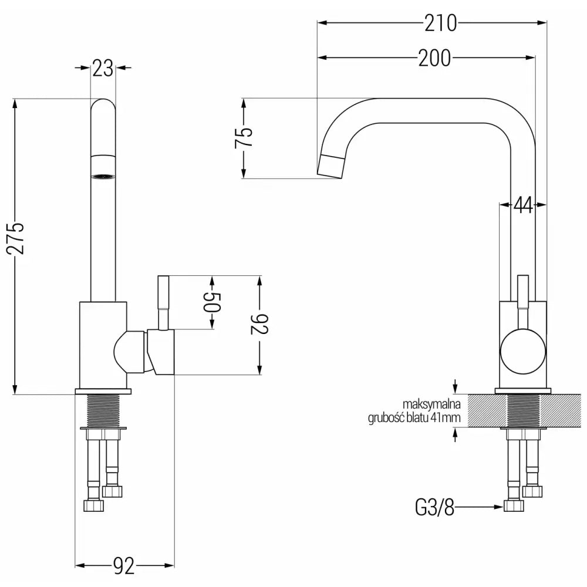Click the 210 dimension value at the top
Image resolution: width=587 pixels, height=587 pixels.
(440, 23)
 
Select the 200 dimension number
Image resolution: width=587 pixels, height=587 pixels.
(434, 58)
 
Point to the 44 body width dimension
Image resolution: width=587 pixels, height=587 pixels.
(522, 204)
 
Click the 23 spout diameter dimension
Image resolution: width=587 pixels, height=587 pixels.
(103, 69)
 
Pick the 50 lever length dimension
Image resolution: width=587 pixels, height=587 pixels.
(212, 302)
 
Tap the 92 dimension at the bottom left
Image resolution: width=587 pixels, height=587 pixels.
(124, 566)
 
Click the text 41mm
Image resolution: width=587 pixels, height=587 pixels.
(449, 418)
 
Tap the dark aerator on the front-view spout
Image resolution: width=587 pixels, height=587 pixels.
(103, 175)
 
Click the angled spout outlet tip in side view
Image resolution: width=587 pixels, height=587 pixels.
(330, 166)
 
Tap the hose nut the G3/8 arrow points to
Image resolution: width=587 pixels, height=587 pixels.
(513, 506)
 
